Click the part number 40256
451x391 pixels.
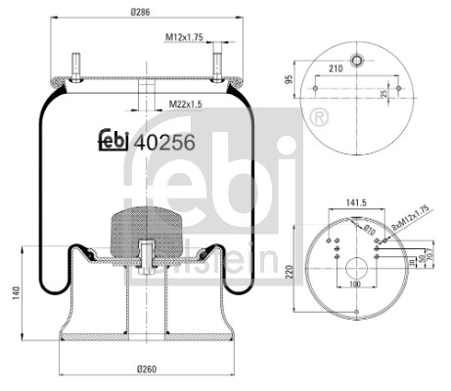[x=163, y=143]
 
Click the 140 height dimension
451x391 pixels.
[x=13, y=294]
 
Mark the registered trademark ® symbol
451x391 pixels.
[x=317, y=118]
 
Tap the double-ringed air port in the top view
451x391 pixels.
[x=358, y=58]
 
